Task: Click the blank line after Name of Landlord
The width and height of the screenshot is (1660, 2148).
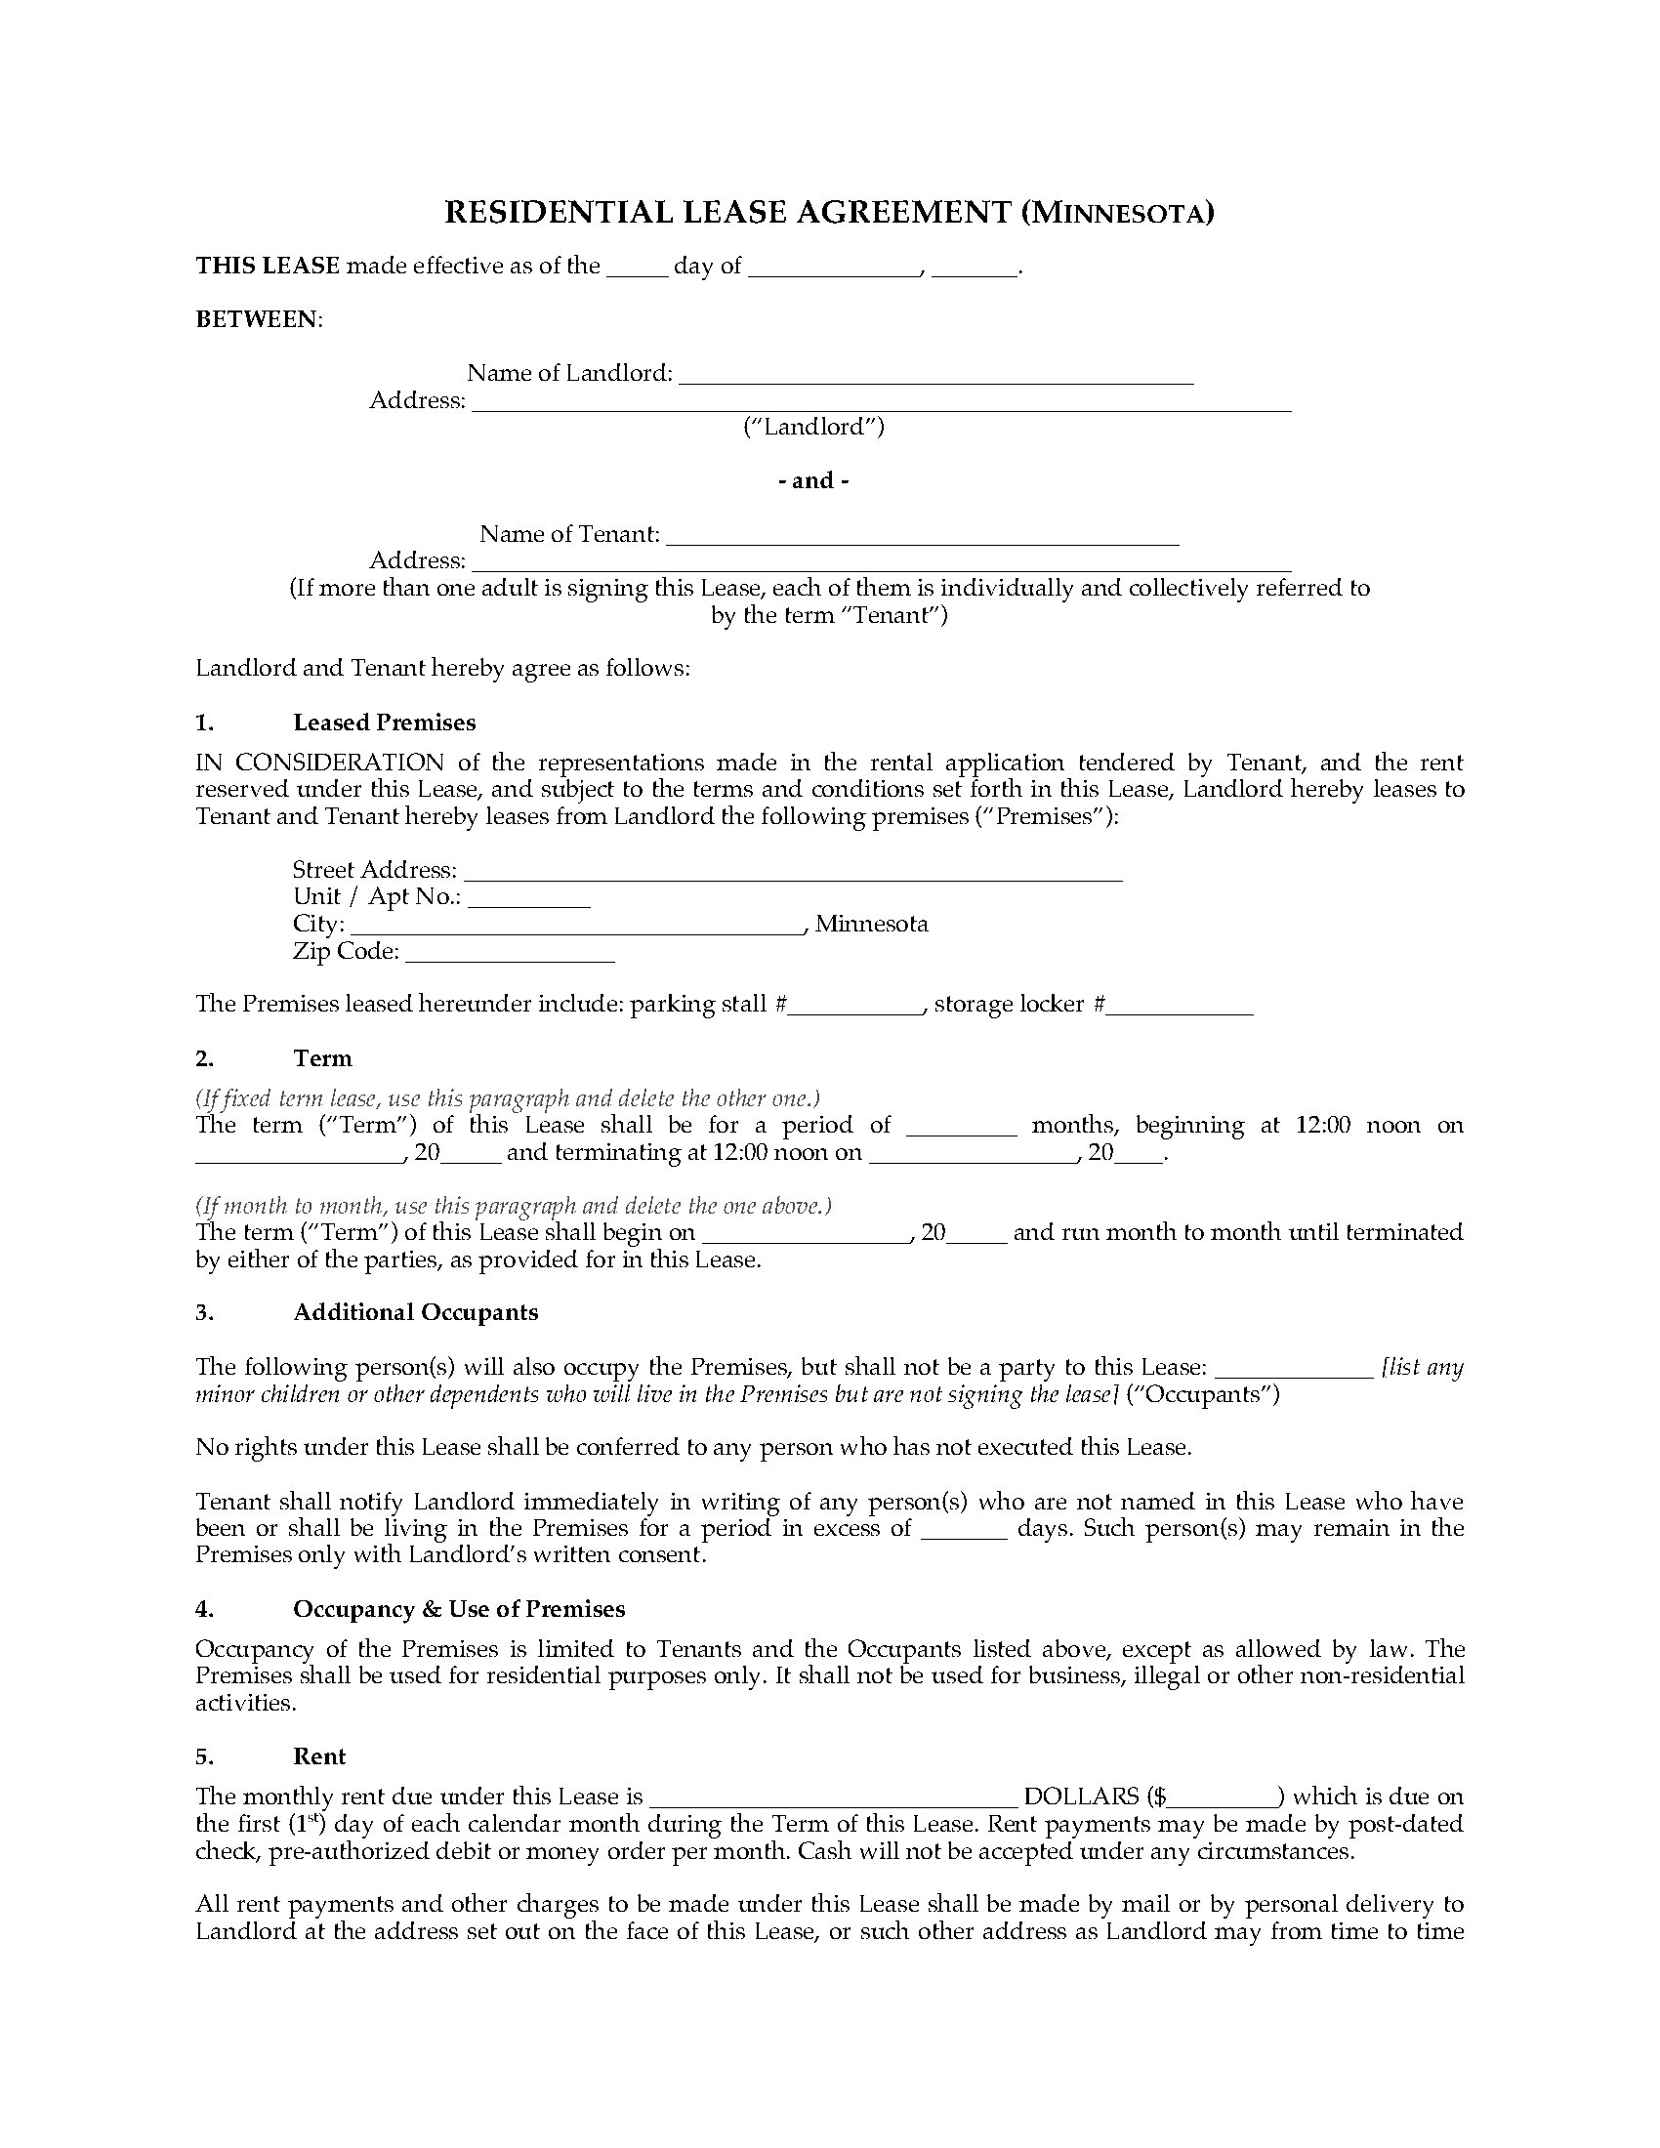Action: point(935,375)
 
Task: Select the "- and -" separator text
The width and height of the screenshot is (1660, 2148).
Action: point(813,481)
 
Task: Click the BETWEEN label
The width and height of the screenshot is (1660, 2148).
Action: point(258,319)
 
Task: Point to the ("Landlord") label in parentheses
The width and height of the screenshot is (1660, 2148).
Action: point(813,427)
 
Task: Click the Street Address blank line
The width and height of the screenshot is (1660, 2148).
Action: point(793,871)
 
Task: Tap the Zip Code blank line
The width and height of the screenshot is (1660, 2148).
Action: point(510,953)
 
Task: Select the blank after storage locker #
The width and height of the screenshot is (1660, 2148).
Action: point(1180,1005)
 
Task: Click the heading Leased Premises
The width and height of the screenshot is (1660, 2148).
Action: point(384,723)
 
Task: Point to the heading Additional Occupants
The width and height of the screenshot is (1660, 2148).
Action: point(415,1313)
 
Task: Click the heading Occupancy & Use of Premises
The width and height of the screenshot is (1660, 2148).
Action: point(459,1610)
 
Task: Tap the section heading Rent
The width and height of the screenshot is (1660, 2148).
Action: point(319,1757)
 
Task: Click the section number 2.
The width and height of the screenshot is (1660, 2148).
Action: point(204,1059)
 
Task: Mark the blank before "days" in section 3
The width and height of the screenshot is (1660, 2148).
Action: point(964,1530)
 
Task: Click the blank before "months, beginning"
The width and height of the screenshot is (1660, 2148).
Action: point(961,1127)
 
